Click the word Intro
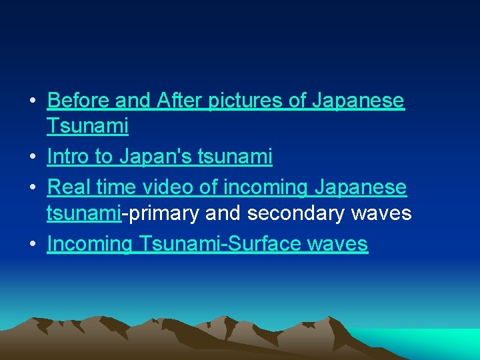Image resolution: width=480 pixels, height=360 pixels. [69, 157]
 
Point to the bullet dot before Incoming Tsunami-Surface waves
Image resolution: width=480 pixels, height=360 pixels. [32, 245]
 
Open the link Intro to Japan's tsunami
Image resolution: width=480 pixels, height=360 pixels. [160, 157]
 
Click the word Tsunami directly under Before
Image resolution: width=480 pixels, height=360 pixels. [88, 125]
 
